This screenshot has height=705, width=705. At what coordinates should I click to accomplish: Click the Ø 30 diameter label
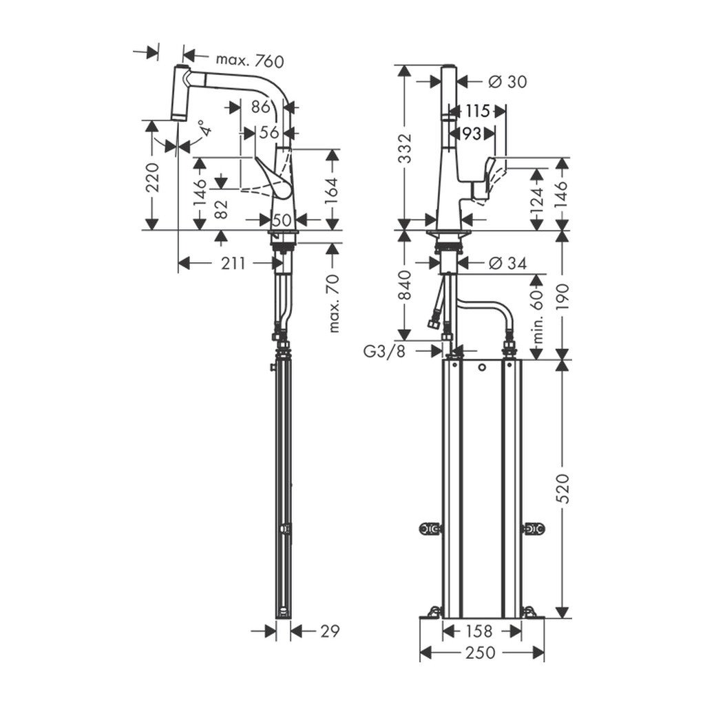(507, 81)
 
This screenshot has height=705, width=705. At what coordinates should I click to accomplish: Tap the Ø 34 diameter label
(507, 262)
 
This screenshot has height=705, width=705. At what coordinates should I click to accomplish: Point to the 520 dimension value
(563, 488)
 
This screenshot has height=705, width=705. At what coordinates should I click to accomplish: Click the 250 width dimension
(481, 653)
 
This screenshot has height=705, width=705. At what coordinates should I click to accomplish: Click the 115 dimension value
(476, 111)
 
